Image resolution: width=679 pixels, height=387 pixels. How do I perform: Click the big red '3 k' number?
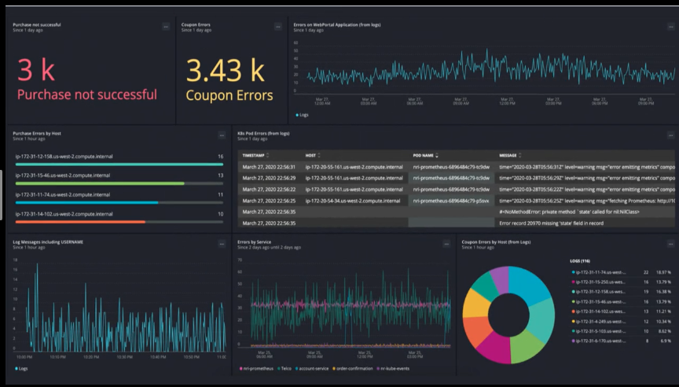36,70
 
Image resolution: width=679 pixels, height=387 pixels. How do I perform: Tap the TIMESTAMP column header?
258,156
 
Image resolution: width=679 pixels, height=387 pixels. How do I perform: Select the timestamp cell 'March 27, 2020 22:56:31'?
269,167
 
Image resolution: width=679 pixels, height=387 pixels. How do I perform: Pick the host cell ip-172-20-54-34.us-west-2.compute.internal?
354,201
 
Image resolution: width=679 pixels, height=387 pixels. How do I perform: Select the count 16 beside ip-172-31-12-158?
220,157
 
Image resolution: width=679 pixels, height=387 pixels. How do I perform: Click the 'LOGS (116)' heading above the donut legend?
584,260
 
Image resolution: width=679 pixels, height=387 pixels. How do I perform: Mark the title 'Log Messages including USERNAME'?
48,241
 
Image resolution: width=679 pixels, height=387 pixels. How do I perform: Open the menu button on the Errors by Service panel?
446,244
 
